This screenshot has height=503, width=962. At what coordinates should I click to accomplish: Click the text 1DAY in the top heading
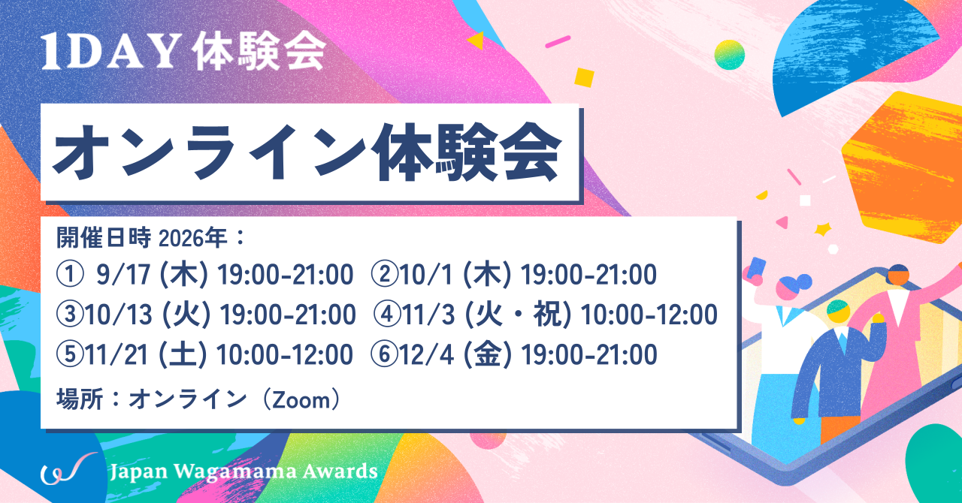110,52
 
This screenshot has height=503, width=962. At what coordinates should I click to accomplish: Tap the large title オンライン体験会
307,153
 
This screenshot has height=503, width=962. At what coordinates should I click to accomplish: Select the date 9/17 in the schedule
123,275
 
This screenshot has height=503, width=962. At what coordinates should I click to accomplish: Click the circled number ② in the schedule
384,275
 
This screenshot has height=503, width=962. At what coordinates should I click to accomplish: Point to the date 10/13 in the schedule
119,315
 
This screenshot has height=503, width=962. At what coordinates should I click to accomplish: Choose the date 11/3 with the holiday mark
428,315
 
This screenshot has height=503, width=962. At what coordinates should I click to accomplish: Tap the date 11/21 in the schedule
116,355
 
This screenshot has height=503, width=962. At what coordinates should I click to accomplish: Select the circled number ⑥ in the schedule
384,355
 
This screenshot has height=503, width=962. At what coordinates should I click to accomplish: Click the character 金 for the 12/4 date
487,355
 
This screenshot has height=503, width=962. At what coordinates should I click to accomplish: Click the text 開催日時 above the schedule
104,237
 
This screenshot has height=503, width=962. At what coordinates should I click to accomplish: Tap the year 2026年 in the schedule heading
193,238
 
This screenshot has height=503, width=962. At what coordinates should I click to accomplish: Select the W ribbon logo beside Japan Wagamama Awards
68,468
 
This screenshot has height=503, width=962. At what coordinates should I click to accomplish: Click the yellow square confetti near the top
585,77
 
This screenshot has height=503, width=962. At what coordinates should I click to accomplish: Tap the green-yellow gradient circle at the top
729,55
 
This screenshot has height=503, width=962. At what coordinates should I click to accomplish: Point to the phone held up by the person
757,268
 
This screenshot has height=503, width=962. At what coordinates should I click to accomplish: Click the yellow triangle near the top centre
476,41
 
